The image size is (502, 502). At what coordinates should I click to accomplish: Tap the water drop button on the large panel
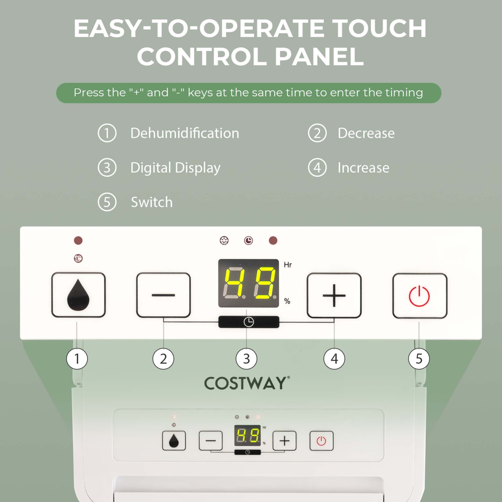coord(78,295)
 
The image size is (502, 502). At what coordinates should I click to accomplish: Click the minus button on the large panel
coord(163,295)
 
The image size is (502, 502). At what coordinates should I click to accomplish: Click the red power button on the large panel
coord(419,296)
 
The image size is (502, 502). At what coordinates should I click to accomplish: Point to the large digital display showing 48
coord(248,283)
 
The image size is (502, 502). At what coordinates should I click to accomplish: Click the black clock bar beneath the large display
coord(248,322)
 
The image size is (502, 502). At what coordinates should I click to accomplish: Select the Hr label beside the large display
coord(288,265)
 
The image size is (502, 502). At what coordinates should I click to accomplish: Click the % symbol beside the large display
coord(287,301)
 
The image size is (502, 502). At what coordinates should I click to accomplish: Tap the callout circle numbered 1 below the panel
coord(77,359)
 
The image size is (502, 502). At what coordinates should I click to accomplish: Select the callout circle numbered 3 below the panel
coord(246,359)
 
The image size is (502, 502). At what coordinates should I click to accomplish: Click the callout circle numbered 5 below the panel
coord(419,359)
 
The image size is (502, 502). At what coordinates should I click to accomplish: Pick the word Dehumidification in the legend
coord(185,133)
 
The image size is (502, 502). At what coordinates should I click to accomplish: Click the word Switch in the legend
coord(152,202)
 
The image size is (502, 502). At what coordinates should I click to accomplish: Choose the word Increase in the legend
coord(363,168)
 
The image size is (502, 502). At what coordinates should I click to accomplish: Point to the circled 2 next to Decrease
coord(317,133)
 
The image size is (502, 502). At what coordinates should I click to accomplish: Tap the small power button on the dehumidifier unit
coord(321,441)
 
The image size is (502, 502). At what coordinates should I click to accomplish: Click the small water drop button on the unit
coord(174,441)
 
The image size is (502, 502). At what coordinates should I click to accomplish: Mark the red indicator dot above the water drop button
coord(78,240)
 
